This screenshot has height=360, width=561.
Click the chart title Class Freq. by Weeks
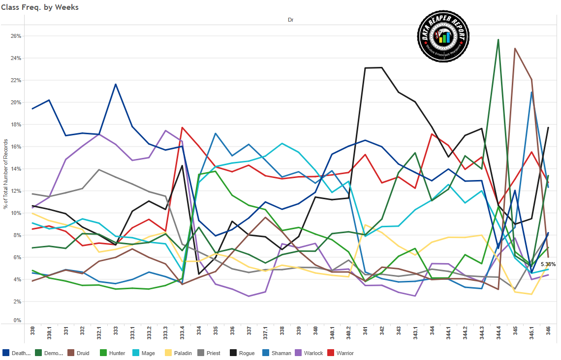[40, 7]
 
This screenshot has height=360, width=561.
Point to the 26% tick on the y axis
[17, 36]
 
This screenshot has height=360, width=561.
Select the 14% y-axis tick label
[17, 169]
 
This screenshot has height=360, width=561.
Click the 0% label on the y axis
[18, 321]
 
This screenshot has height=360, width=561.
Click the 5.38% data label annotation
[547, 264]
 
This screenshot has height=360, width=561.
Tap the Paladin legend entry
[177, 353]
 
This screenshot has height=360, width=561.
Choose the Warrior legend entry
[340, 353]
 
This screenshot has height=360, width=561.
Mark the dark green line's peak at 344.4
[499, 40]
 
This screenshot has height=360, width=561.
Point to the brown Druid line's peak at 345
[515, 48]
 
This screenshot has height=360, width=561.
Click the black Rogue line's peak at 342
[381, 67]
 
